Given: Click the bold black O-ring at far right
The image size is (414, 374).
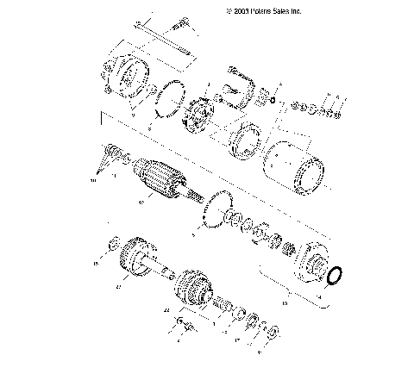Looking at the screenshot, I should (x=336, y=275).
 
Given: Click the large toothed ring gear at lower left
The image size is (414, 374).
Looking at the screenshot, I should (x=135, y=259).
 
